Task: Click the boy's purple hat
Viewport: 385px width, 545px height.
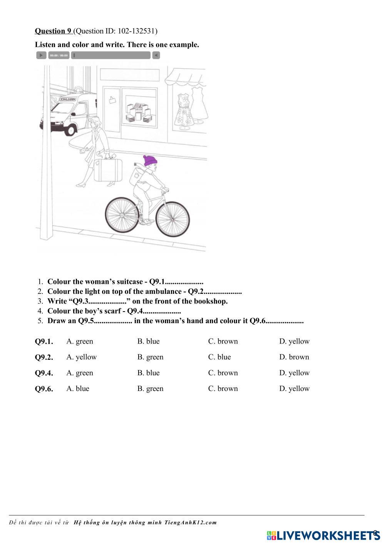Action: [150, 160]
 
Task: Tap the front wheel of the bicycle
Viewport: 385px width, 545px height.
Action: [173, 219]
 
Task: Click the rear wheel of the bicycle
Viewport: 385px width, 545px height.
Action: [121, 215]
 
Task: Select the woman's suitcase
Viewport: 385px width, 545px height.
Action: [108, 170]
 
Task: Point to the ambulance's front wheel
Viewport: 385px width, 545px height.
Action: [70, 130]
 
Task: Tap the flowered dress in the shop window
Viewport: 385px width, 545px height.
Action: [182, 109]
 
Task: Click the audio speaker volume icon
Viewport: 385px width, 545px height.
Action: [156, 55]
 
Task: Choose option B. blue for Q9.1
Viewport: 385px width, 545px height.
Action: [148, 341]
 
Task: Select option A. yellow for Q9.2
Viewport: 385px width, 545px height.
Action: [81, 357]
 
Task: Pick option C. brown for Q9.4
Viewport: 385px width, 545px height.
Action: [223, 373]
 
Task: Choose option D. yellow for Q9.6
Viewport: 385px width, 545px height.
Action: [294, 389]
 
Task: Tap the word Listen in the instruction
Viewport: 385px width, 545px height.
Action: [45, 45]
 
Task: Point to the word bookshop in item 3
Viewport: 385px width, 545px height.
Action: [213, 301]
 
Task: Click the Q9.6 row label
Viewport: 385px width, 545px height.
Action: [44, 389]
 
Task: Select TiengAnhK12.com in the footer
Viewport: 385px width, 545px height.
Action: [190, 523]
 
